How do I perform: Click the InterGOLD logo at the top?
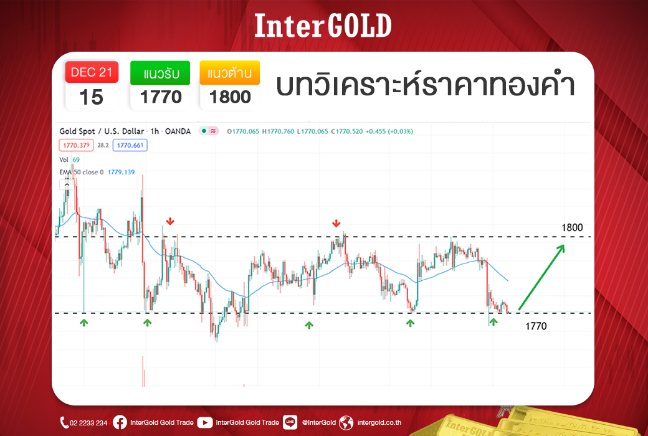(x=323, y=26)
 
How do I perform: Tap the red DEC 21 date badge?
(x=92, y=72)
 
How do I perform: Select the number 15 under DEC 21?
(x=91, y=98)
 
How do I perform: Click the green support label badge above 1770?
(x=160, y=73)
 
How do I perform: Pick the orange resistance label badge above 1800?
(x=230, y=73)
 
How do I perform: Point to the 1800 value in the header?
(x=230, y=97)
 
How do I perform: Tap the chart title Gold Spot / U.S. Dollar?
(x=102, y=131)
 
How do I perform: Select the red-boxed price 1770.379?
(x=77, y=145)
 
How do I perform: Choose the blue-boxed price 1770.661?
(x=130, y=145)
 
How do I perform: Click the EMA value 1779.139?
(x=121, y=172)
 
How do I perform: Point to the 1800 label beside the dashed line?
(x=572, y=227)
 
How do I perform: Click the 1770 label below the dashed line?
(x=536, y=326)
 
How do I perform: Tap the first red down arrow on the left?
(x=170, y=222)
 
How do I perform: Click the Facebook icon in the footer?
(x=120, y=422)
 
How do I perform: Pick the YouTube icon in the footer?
(x=205, y=422)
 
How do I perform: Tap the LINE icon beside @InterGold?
(x=290, y=422)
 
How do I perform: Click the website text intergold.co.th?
(x=379, y=422)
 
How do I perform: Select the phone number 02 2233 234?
(x=88, y=423)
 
